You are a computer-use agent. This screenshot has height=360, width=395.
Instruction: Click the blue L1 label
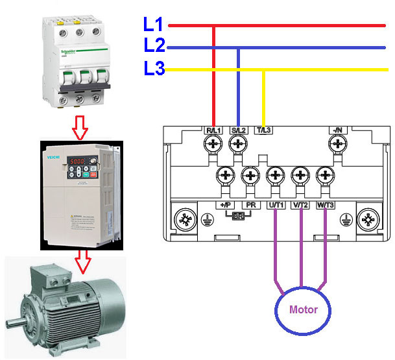(x=153, y=25)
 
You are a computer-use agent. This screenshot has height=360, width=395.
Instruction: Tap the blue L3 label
(x=154, y=68)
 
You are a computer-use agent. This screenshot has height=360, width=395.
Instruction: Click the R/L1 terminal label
(x=214, y=130)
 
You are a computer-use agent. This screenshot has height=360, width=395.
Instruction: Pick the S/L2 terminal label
(x=239, y=130)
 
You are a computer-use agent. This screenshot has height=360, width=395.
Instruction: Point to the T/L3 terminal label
(x=264, y=130)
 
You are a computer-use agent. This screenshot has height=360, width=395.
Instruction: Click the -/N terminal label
(x=337, y=130)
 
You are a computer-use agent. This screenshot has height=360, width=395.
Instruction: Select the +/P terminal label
(x=224, y=205)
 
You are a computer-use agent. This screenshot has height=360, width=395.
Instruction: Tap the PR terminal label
(x=250, y=205)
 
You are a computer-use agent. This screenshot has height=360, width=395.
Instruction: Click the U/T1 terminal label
(x=275, y=205)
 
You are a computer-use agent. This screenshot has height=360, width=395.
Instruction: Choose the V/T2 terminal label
(x=300, y=205)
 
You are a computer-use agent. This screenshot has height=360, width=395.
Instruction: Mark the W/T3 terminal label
(x=324, y=205)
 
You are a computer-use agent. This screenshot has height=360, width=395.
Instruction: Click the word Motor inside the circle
(x=303, y=309)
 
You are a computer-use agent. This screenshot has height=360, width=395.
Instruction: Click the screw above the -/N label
(x=337, y=147)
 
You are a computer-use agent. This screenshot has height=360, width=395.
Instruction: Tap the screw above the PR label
(x=250, y=175)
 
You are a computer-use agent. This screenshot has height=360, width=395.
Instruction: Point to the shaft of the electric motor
(x=14, y=322)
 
